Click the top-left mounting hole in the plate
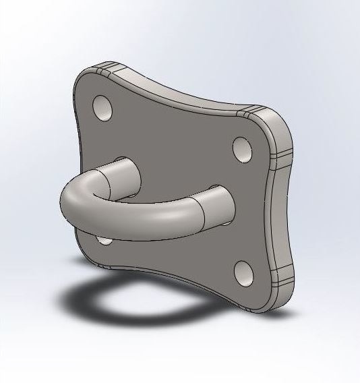tap(103, 108)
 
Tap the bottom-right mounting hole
tap(243, 273)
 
